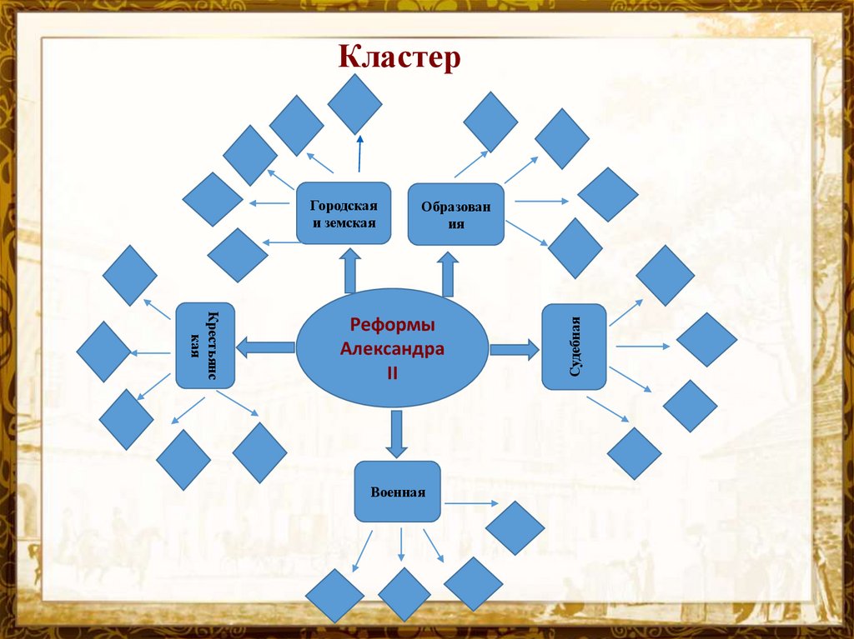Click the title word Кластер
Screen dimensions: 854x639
399,58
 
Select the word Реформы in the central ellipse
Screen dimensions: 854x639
392,325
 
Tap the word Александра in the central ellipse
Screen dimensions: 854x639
392,348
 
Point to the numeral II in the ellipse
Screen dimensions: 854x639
392,372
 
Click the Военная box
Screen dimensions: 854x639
398,492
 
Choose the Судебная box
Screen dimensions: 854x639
574,347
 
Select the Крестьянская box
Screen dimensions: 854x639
205,345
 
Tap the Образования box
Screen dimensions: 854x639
455,214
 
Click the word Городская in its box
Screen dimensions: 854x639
344,205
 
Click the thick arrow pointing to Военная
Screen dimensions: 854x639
396,433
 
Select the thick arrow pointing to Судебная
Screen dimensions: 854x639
514,348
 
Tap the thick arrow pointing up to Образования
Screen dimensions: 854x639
448,274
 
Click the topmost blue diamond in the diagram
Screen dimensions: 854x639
354,103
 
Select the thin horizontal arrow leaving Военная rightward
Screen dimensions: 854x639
470,503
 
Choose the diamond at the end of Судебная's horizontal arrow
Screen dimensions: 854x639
706,340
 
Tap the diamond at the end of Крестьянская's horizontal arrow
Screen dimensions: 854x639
103,352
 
